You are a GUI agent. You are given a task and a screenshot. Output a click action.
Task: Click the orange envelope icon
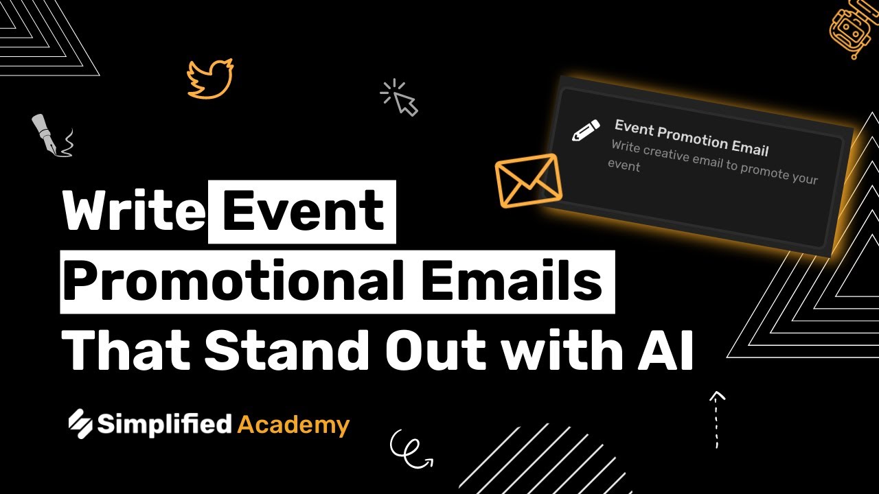(x=528, y=180)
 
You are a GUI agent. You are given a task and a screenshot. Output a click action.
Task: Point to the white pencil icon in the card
(x=586, y=130)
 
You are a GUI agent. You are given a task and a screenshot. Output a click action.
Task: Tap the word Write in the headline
(x=134, y=211)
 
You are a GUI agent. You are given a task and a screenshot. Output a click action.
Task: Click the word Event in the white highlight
(x=303, y=211)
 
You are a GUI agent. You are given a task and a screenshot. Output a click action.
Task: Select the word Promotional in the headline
(x=233, y=281)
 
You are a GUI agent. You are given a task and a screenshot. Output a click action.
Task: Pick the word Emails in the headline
(x=512, y=281)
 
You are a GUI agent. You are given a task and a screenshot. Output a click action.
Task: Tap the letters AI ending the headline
(x=665, y=350)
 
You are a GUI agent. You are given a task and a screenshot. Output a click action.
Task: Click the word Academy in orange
(x=293, y=425)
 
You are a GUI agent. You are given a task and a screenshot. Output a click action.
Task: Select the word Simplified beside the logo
(x=164, y=424)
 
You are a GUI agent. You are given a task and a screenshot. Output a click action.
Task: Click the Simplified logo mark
(x=80, y=423)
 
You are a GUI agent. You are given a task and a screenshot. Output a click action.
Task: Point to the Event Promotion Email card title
(x=692, y=137)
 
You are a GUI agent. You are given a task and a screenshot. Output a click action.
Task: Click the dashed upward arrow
(x=716, y=419)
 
